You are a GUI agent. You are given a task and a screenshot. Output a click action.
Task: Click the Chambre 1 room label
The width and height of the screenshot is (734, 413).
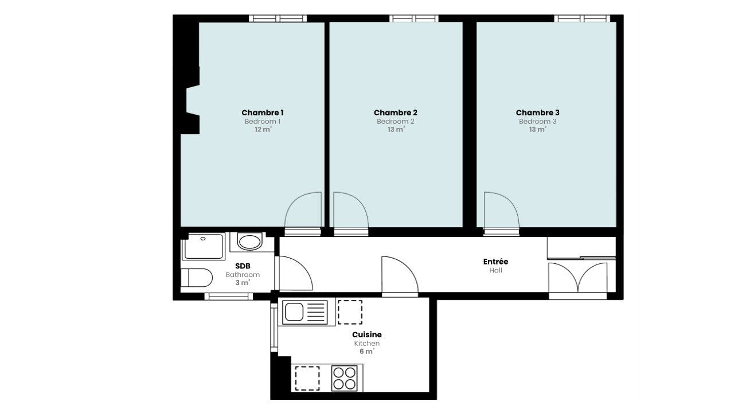coord(262,113)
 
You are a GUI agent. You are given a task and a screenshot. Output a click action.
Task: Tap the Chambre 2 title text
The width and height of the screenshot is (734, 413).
coord(395,113)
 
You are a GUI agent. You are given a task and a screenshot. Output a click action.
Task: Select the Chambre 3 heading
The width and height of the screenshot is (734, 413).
coord(537,113)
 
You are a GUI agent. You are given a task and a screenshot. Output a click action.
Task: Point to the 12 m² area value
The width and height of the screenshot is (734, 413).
coord(263,130)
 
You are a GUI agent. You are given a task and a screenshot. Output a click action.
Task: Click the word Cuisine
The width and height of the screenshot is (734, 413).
coord(366,334)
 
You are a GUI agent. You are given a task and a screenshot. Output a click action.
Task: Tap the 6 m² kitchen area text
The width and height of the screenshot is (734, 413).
coord(366,352)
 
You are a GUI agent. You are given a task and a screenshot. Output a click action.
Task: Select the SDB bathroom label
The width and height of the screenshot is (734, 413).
coord(243,266)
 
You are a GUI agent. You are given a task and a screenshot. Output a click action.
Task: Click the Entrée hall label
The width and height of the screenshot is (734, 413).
coord(495,262)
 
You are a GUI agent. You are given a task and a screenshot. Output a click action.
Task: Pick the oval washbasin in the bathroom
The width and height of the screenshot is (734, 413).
coord(250,241)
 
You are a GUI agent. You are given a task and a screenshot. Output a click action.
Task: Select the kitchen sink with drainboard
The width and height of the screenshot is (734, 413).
coord(306,313)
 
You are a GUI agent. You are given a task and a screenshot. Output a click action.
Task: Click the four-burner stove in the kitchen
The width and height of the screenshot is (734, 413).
coord(344,378)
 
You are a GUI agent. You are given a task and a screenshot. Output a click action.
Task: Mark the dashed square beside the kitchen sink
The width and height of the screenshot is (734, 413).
coord(350,312)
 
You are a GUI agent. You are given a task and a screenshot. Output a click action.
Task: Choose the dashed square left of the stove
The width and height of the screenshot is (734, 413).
coord(307,378)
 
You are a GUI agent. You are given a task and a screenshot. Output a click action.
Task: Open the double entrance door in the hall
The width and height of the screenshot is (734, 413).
coord(577,279)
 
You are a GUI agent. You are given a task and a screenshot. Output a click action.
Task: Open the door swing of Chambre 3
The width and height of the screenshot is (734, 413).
coord(500,211)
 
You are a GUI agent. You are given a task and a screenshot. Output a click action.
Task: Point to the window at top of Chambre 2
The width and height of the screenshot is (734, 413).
coord(414,18)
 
